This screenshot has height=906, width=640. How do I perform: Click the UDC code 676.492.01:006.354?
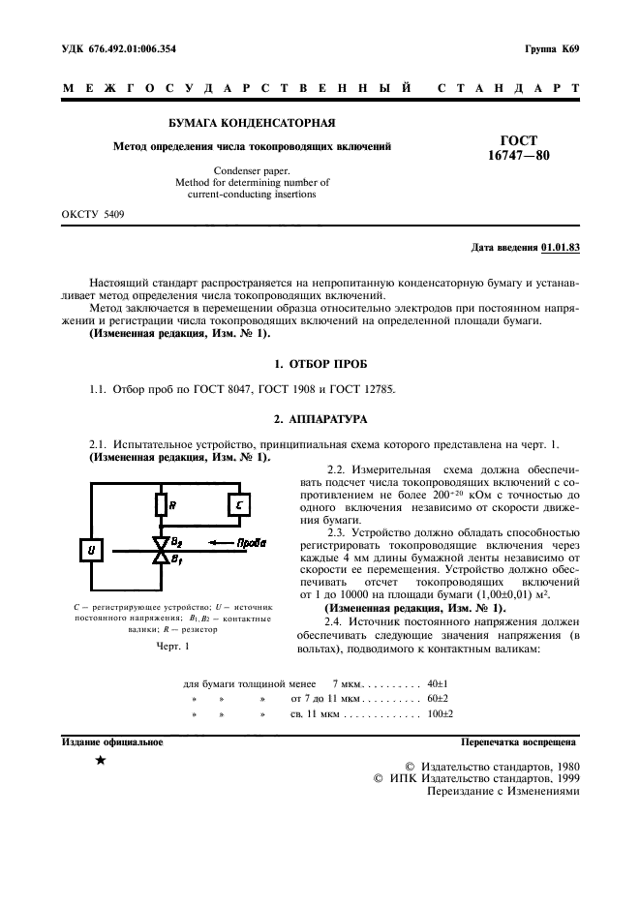(x=136, y=48)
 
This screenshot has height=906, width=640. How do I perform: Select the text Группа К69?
(x=552, y=48)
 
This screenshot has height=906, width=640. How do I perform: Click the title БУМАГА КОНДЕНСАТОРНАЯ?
(x=252, y=124)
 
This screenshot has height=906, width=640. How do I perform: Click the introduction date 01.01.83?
(x=559, y=248)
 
